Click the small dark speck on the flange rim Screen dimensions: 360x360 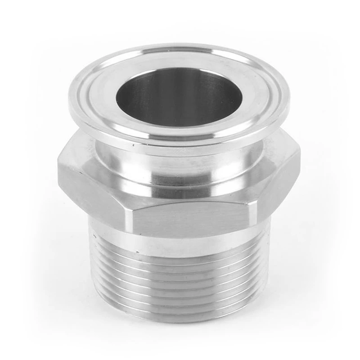(134, 147)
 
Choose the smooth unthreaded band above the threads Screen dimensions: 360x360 (180, 245)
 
